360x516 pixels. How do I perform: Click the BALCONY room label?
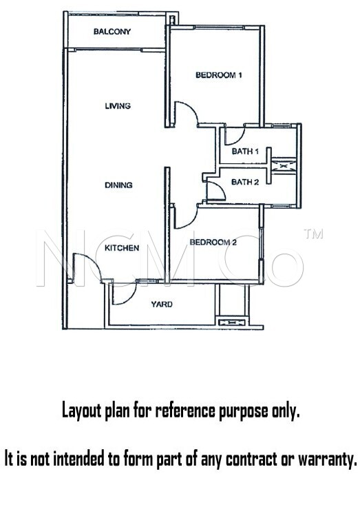tap(112, 32)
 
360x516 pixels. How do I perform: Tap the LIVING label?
tap(118, 106)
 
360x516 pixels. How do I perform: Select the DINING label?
tap(118, 185)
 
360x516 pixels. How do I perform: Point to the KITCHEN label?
tap(122, 248)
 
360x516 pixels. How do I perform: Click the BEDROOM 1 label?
tap(219, 75)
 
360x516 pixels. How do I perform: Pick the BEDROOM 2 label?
tap(213, 242)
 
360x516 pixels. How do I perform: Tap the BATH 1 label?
tap(245, 152)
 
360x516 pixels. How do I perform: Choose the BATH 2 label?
tap(245, 182)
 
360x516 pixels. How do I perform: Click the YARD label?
tap(162, 305)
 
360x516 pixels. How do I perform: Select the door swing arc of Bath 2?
tap(220, 187)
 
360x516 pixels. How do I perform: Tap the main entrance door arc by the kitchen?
tap(92, 259)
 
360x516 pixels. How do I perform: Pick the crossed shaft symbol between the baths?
tap(284, 166)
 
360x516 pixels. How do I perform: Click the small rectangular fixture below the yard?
tap(232, 322)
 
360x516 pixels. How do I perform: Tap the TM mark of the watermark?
tap(313, 234)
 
